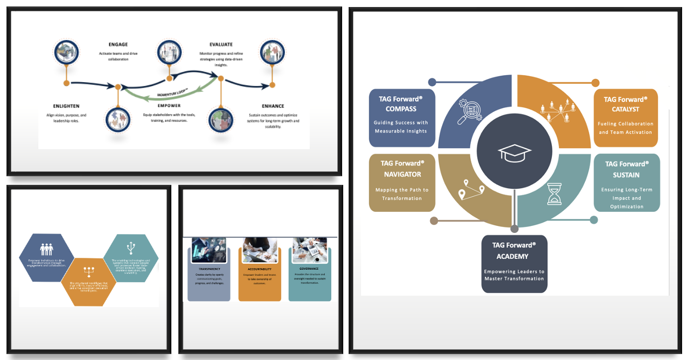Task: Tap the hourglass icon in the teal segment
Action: pos(555,194)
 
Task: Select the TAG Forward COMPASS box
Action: pos(402,118)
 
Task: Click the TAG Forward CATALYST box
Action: pos(625,118)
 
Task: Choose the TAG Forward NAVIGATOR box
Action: pos(402,183)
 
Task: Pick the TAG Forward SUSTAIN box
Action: pos(626,183)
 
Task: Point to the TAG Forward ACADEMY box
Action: pos(514,264)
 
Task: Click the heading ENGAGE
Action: pos(118,44)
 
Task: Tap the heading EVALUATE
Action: pos(221,44)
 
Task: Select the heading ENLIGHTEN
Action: pos(66,106)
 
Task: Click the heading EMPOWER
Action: pos(169,106)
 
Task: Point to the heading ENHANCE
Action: pos(273,106)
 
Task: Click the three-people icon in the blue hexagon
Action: pos(47,249)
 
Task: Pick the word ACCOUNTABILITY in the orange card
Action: pos(259,269)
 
